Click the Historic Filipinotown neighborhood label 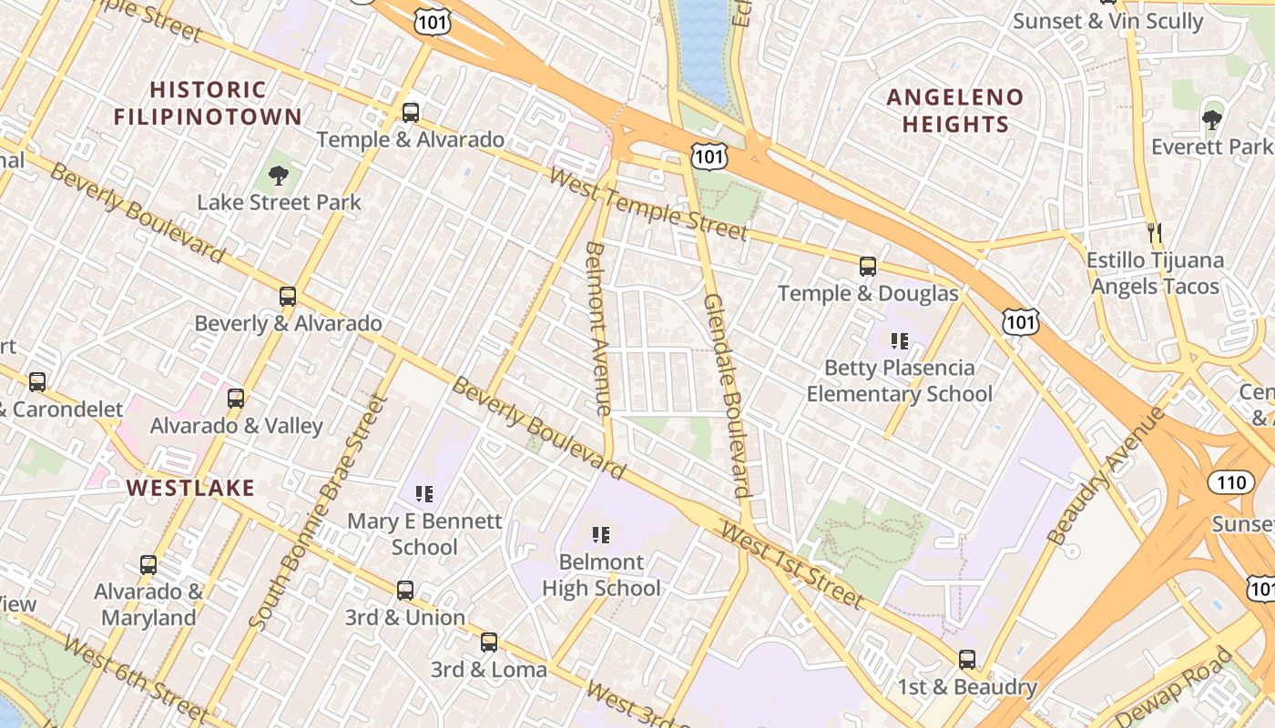point(208,103)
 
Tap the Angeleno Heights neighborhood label point(955,110)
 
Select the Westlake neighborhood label point(190,488)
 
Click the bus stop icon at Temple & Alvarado point(411,113)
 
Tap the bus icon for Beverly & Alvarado point(288,297)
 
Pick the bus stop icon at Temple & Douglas point(868,267)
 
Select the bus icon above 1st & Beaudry point(967,660)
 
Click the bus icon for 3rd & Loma point(489,642)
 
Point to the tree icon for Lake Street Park point(279,176)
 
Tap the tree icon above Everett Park point(1211,119)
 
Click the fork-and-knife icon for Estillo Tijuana point(1155,233)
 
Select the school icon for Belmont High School point(601,535)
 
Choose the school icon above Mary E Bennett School point(424,494)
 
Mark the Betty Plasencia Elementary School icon point(900,341)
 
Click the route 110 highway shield point(1231,482)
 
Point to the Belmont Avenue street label point(597,329)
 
